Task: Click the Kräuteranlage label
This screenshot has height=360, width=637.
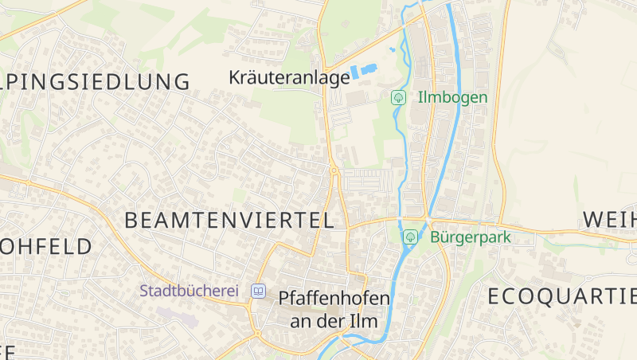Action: tap(289, 77)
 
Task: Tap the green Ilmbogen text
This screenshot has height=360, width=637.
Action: tap(453, 97)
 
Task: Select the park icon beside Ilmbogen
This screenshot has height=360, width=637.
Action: tap(398, 98)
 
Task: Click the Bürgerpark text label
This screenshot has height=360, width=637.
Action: tap(470, 237)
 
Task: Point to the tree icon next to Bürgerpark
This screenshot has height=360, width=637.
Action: tap(411, 237)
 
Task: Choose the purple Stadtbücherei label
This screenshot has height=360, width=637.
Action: tap(190, 291)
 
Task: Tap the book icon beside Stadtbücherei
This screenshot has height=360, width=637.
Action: tap(258, 291)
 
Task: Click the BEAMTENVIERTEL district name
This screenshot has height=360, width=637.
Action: tap(229, 221)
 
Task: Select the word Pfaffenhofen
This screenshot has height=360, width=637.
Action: tap(334, 298)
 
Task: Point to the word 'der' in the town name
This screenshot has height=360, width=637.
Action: tap(334, 320)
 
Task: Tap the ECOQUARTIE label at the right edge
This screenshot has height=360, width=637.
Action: tap(562, 296)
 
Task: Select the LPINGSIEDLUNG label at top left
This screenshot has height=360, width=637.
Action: tap(96, 81)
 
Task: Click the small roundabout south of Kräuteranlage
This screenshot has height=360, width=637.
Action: tap(334, 170)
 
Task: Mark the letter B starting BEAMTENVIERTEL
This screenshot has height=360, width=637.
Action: tap(131, 221)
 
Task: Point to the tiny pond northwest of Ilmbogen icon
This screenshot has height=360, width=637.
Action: tap(393, 50)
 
